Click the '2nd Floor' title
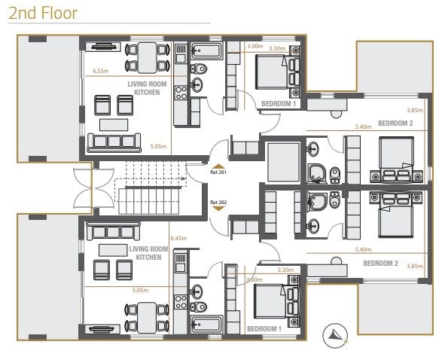click(43, 14)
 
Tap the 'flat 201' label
click(218, 172)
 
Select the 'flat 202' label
click(218, 201)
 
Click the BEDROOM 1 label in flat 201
click(278, 103)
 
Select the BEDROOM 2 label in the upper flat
click(395, 123)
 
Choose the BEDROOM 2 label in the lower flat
click(380, 263)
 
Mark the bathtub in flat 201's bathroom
click(204, 52)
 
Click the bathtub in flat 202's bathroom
click(204, 325)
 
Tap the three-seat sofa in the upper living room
click(113, 141)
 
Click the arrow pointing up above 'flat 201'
click(218, 164)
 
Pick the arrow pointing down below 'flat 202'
click(218, 209)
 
